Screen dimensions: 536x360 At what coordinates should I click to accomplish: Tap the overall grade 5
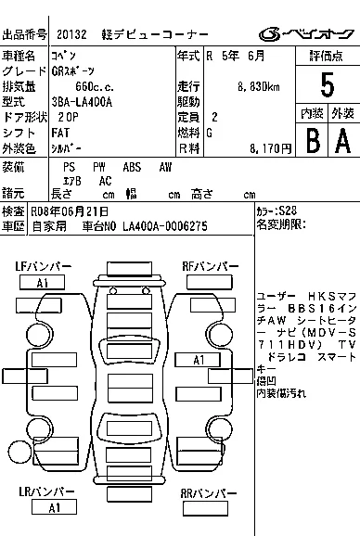click(326, 86)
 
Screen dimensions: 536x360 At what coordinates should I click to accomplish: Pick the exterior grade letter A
click(342, 140)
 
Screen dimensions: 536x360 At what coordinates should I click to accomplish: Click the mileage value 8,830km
click(260, 86)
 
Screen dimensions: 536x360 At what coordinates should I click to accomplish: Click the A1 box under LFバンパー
click(42, 282)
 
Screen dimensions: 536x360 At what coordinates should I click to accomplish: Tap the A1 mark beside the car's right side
click(198, 360)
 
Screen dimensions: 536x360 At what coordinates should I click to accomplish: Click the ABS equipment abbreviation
click(131, 167)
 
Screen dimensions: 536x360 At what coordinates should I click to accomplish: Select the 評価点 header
click(326, 56)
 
